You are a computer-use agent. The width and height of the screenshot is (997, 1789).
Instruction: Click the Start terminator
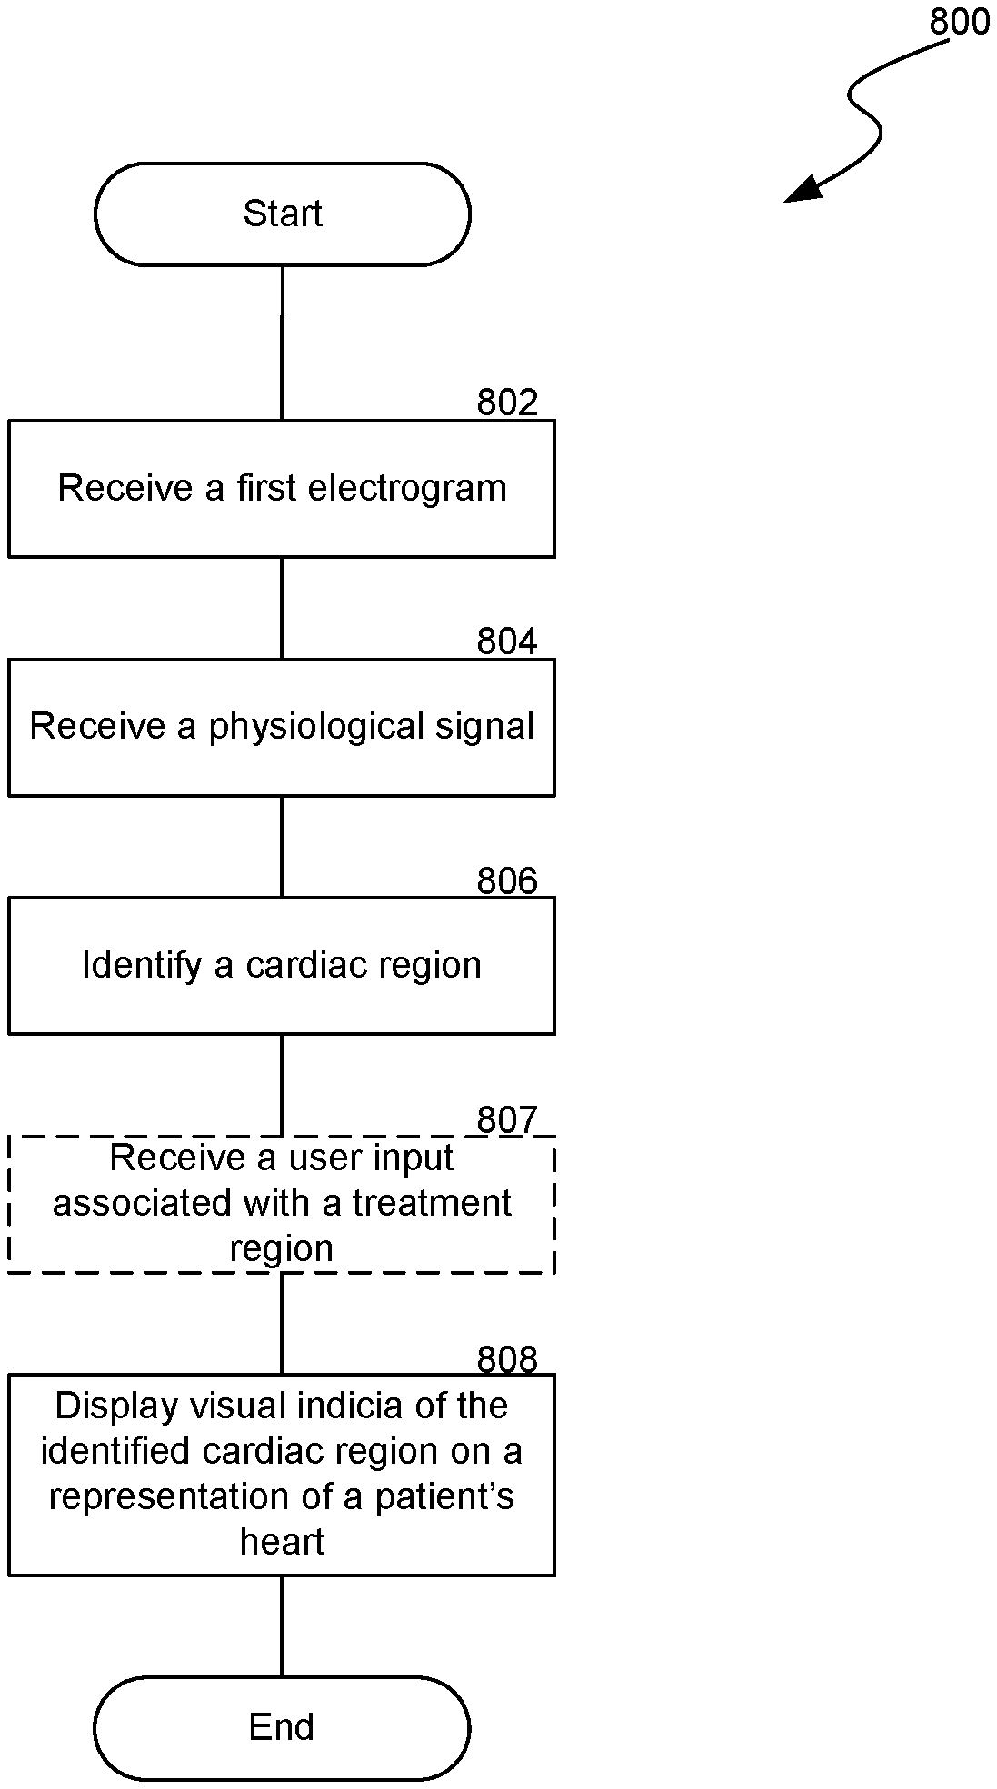282,214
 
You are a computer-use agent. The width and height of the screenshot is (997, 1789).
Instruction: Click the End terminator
282,1726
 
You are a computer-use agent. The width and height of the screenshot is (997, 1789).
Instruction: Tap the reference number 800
959,21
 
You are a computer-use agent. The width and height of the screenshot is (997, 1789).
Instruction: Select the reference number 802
507,403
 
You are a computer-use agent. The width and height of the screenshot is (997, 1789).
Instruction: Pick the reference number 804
507,641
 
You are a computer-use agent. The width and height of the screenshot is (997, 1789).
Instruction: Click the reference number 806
507,880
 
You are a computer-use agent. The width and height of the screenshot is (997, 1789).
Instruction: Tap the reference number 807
507,1120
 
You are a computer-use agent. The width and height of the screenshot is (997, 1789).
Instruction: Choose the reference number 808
507,1359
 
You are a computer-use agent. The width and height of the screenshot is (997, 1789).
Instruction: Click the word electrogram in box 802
407,488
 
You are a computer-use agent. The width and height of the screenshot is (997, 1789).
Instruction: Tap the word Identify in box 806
142,965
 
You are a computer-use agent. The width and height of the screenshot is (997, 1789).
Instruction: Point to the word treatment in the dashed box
432,1203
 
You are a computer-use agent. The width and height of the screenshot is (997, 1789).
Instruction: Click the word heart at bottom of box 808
282,1541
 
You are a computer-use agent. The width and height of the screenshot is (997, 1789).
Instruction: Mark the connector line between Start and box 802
282,343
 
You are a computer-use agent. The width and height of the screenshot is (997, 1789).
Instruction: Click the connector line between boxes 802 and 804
282,608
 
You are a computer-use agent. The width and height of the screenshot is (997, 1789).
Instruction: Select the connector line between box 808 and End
282,1625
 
